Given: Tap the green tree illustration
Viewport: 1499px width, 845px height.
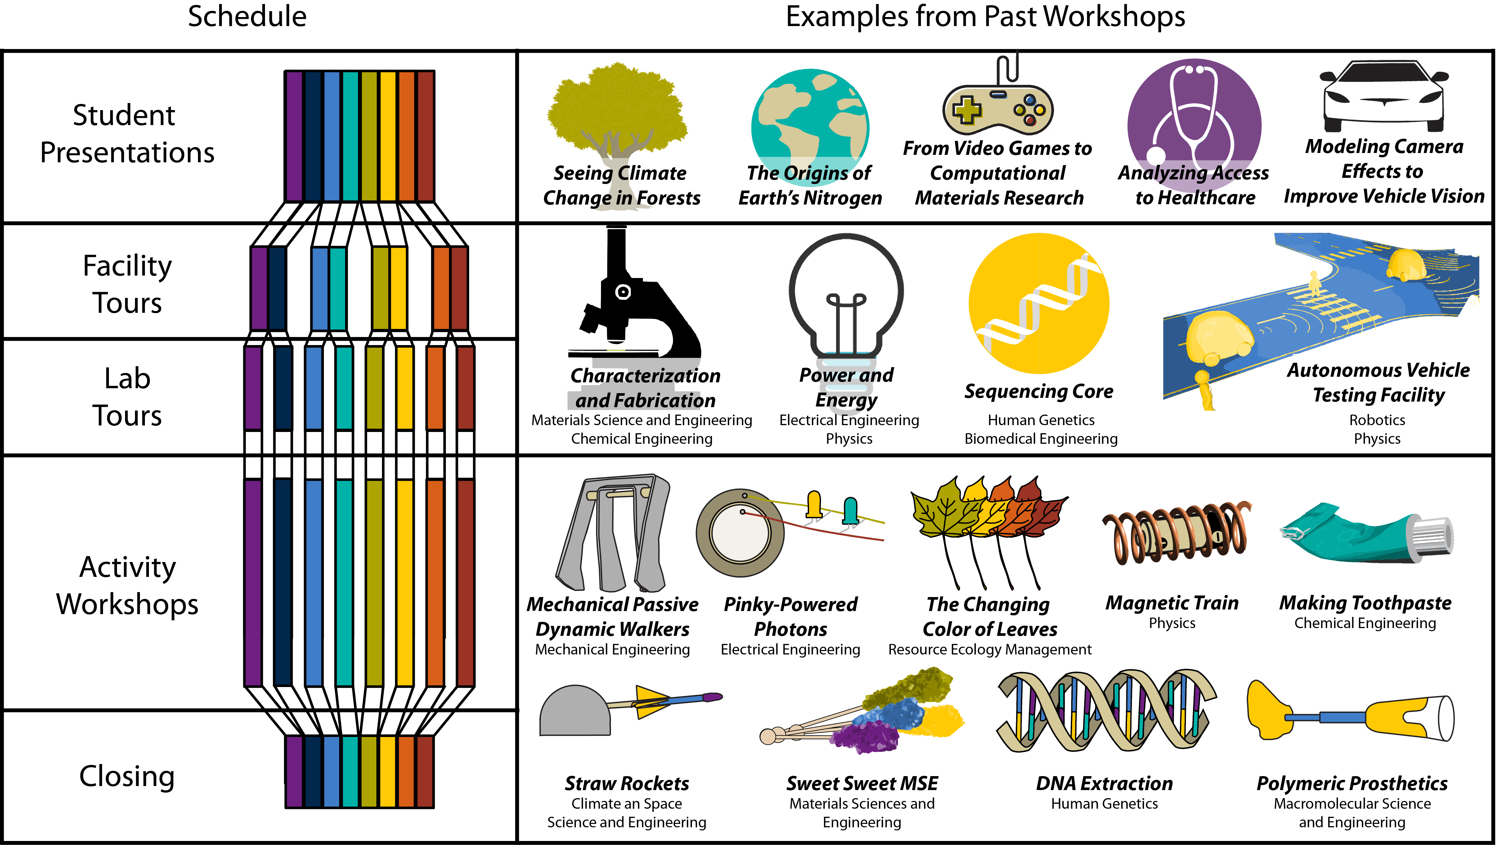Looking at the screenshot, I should click(617, 110).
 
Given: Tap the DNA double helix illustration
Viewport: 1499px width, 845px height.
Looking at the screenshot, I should click(1106, 710).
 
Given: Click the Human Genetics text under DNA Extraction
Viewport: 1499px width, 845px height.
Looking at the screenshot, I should click(1104, 804).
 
